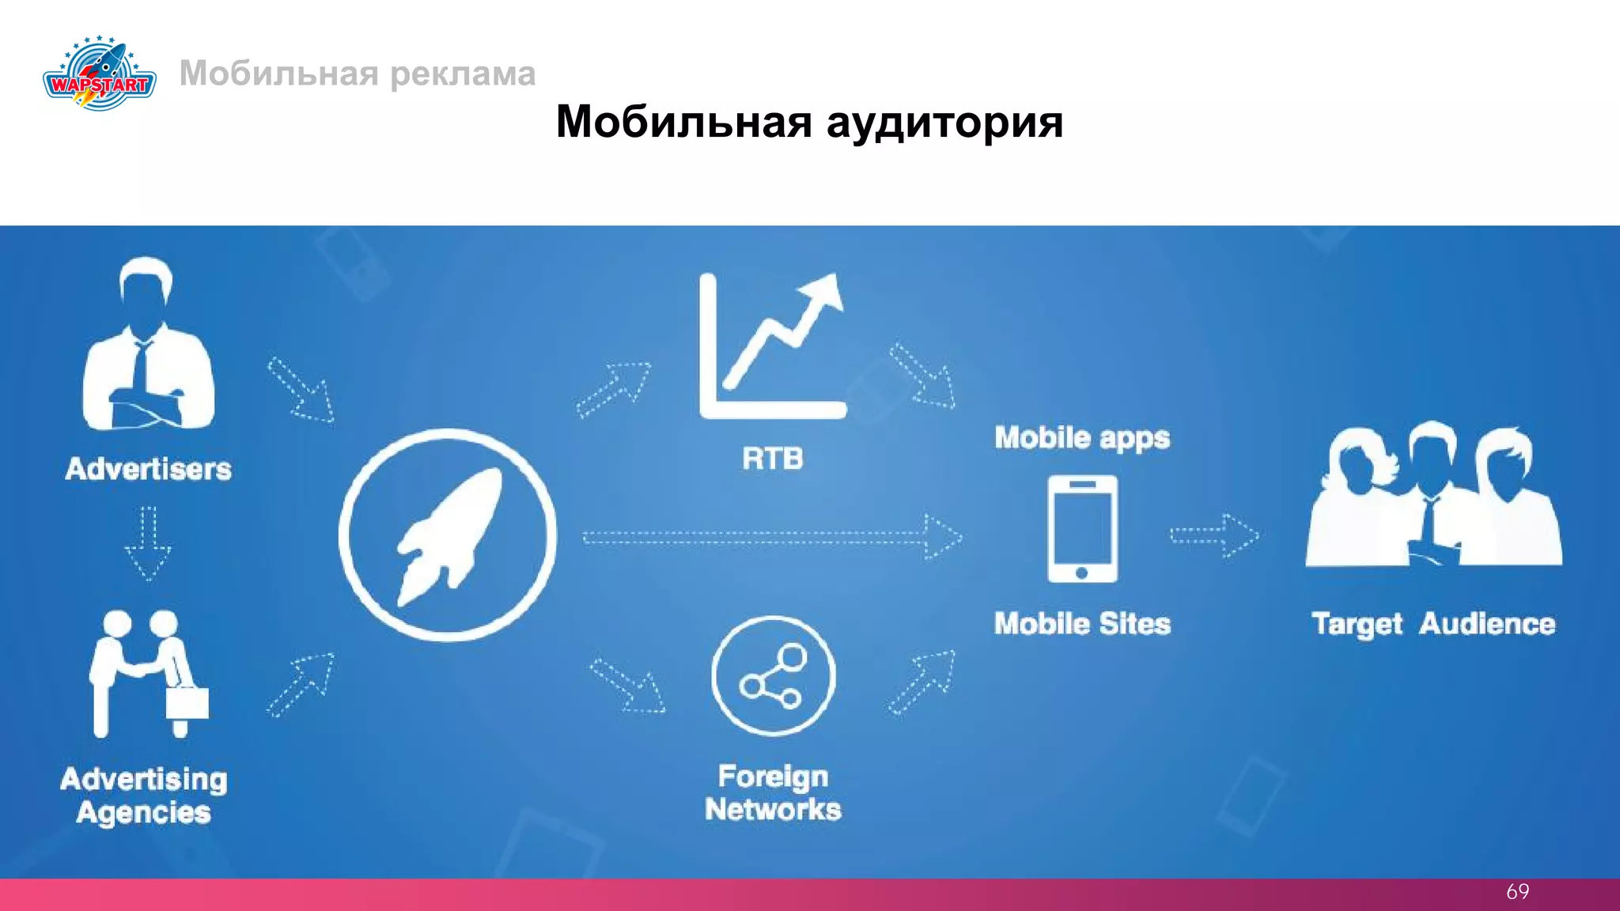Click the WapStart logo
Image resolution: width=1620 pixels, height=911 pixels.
100,74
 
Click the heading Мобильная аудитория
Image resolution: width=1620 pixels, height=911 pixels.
809,122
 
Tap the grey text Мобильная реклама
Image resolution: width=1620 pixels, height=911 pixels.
358,74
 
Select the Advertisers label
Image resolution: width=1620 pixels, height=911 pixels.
149,469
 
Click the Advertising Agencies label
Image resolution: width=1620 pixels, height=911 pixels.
144,796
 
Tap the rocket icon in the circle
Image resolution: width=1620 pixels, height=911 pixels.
448,535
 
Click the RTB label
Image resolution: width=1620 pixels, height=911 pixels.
772,459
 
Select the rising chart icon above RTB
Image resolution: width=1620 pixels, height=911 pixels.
772,346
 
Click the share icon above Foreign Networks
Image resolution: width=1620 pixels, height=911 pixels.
773,676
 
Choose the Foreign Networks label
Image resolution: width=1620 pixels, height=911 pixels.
773,793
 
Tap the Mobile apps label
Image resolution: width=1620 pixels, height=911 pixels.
1082,438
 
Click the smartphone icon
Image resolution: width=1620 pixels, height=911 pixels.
1082,529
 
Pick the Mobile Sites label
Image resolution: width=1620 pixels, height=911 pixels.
1082,624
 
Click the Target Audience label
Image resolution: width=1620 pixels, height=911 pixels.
1433,624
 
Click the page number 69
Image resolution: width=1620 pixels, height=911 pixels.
1517,892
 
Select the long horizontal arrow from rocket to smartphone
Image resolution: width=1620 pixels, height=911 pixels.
771,538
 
